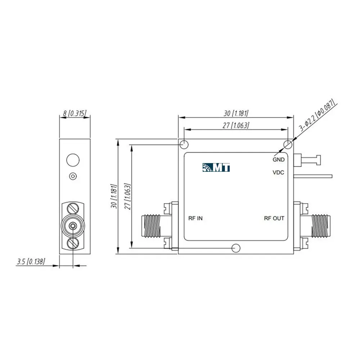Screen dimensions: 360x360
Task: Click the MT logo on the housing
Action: click(x=216, y=167)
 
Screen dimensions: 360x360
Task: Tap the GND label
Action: click(x=279, y=159)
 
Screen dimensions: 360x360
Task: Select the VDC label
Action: click(x=278, y=172)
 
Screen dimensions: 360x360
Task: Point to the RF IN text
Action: click(x=195, y=219)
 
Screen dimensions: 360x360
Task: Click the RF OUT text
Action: click(x=274, y=219)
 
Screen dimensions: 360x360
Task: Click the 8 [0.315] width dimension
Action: click(x=75, y=113)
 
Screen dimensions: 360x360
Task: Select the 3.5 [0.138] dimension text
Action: click(x=31, y=261)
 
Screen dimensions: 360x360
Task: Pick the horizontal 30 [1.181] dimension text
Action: click(x=236, y=113)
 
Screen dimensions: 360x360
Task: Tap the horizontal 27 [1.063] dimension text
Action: click(x=236, y=125)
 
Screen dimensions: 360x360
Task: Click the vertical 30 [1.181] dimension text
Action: click(x=114, y=196)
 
